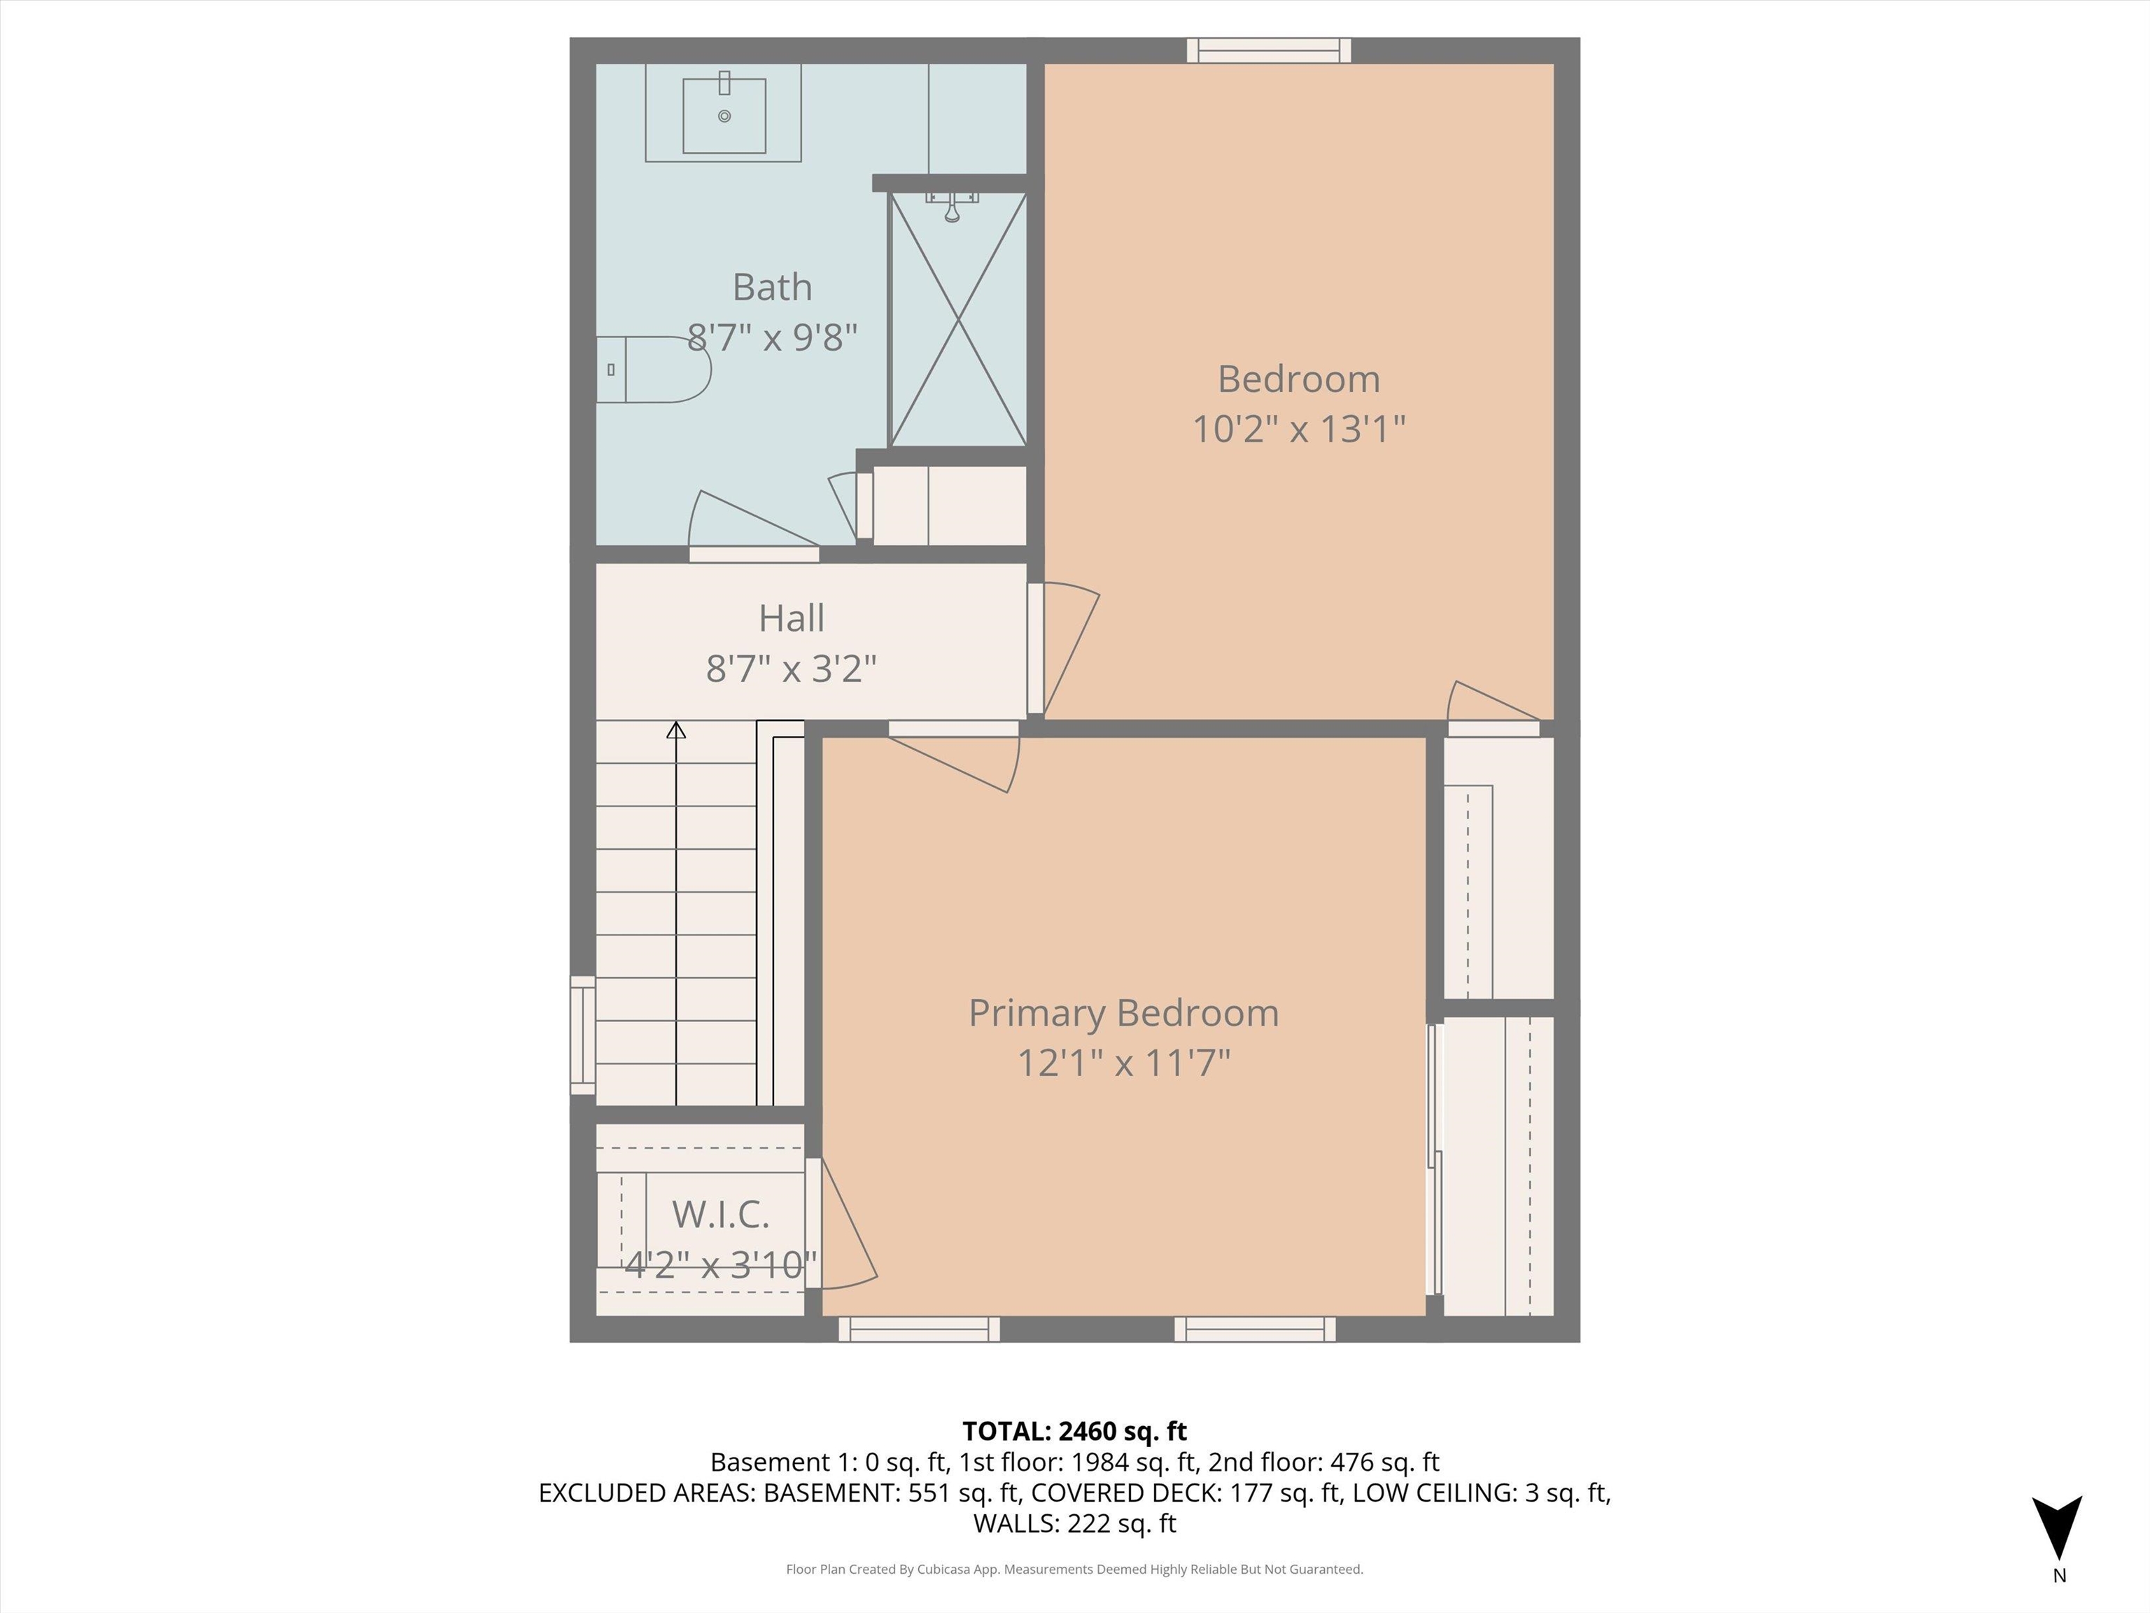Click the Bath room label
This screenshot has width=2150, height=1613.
pos(772,287)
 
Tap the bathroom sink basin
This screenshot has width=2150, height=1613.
pos(724,116)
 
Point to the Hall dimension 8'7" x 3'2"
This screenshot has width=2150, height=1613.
pos(791,669)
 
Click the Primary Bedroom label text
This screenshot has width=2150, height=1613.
pos(1123,1013)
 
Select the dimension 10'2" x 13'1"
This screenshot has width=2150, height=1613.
pos(1298,428)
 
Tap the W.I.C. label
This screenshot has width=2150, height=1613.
pos(720,1215)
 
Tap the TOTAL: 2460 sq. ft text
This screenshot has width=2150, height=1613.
pos(1074,1431)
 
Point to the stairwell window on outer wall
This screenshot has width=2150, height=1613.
pos(582,1035)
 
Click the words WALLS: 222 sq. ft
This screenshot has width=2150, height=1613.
pos(1074,1523)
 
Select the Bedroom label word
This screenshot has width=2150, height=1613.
pos(1298,379)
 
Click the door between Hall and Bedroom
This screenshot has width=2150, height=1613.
pos(1065,647)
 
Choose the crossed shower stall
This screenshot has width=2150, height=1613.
pos(958,319)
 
